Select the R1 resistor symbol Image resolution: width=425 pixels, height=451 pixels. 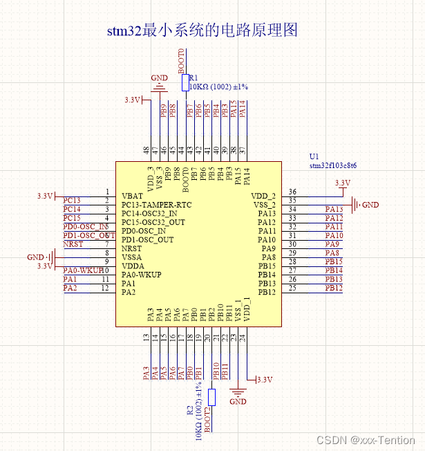point(185,83)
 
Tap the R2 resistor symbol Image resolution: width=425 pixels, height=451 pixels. point(212,397)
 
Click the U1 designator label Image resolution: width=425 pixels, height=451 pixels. point(314,157)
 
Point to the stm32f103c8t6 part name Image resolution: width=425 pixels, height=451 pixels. point(332,166)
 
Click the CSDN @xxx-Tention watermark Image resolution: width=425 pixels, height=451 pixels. point(366,440)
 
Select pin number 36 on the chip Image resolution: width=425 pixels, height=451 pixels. point(292,192)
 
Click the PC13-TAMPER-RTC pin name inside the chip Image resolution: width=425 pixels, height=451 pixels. point(156,205)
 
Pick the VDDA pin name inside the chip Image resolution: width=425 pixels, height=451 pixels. point(133,266)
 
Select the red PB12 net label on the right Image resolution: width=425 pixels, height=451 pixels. point(334,288)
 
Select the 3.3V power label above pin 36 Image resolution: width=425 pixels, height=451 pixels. point(342,183)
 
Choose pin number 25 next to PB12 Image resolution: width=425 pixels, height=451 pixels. point(292,288)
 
